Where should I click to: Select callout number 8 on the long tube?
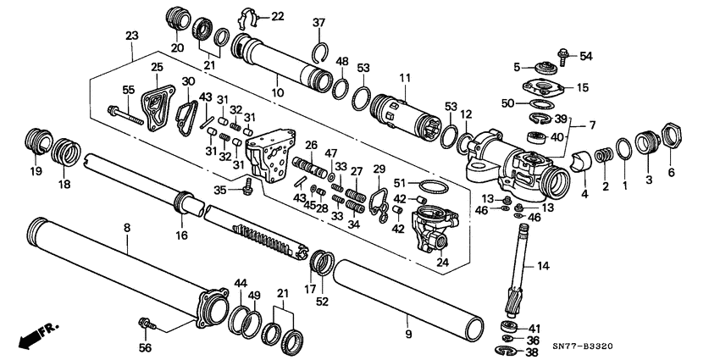[127, 228]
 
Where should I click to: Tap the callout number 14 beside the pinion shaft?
[543, 266]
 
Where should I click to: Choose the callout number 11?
[404, 77]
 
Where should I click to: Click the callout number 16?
[182, 235]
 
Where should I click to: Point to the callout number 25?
[157, 68]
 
